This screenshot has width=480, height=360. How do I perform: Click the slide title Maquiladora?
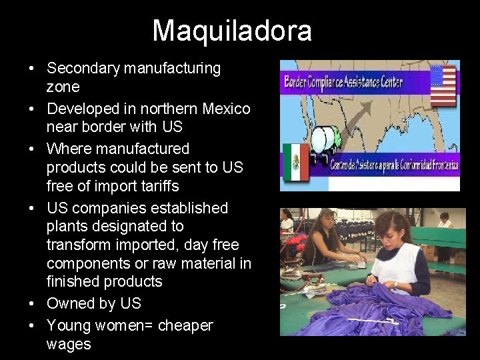point(232,31)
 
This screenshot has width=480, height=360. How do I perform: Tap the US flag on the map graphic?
point(443,85)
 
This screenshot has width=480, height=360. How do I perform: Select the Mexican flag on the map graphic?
point(295,162)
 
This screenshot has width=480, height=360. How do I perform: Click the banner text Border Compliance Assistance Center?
point(343,83)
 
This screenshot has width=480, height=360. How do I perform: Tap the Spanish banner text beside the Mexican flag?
point(394,165)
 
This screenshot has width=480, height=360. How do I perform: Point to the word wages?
point(68,344)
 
